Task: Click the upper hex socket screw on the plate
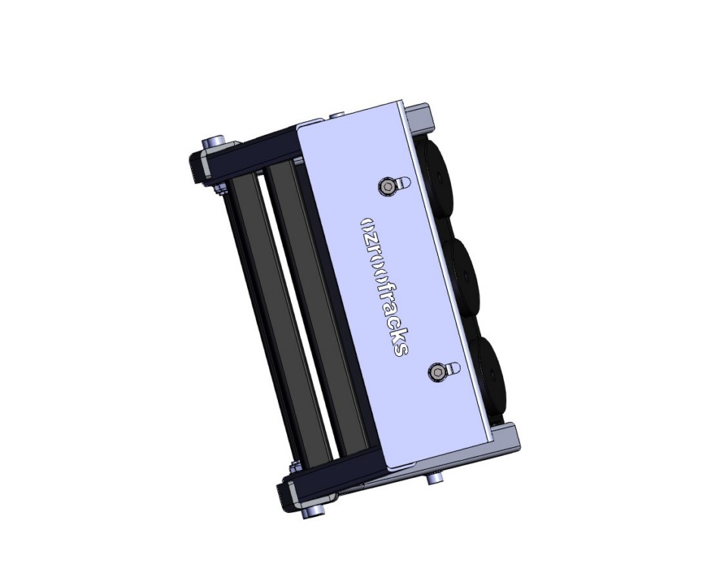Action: click(x=389, y=186)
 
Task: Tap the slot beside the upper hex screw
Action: click(x=402, y=182)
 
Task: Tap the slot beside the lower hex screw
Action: click(x=452, y=368)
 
